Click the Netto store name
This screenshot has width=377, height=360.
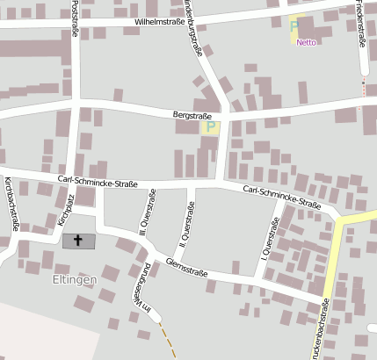pyautogui.click(x=306, y=42)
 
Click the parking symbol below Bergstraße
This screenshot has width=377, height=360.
pyautogui.click(x=210, y=127)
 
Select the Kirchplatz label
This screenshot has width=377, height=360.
pyautogui.click(x=62, y=211)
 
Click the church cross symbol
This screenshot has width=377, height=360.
pyautogui.click(x=77, y=240)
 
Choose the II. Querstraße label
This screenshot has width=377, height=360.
pyautogui.click(x=187, y=220)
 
